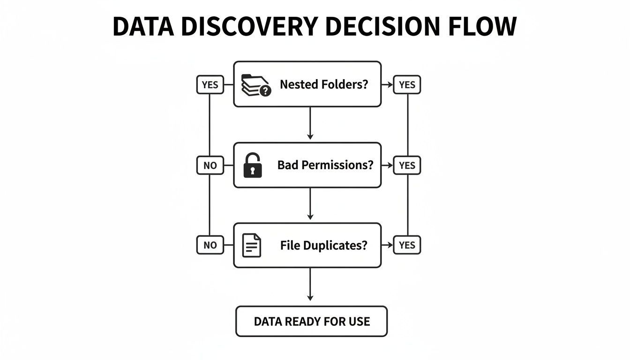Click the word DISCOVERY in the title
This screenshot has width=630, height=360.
point(250,27)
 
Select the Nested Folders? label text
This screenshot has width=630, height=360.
point(324,85)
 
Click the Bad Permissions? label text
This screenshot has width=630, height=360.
point(325,165)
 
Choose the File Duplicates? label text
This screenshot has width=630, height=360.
point(323,245)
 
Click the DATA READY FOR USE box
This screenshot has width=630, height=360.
point(311,322)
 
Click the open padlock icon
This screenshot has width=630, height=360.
point(253,165)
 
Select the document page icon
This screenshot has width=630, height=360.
point(252,245)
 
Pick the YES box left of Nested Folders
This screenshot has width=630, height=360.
point(210,85)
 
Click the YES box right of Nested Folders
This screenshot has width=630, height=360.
point(407,85)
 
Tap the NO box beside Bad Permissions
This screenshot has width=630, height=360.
point(210,165)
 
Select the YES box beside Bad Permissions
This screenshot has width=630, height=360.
point(407,165)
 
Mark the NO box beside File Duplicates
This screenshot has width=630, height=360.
point(210,245)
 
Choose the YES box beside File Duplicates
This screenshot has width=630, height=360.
point(407,245)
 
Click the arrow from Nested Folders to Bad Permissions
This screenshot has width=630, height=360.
point(310,124)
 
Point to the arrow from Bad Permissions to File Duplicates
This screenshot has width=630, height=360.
point(310,204)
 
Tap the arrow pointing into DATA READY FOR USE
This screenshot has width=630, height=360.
point(310,285)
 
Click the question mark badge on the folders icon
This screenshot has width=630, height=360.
point(265,91)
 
